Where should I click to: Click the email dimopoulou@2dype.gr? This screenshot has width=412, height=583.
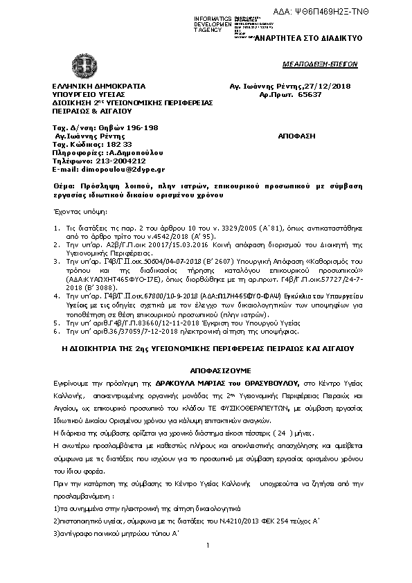108,169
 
